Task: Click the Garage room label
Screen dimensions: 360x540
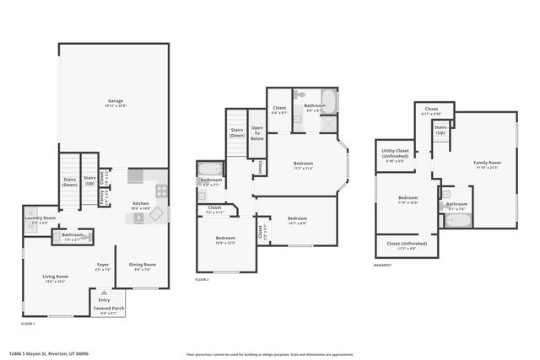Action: [115, 102]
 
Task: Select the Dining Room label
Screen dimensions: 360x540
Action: [141, 266]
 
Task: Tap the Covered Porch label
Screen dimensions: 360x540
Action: [110, 309]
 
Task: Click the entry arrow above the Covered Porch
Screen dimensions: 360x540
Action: [105, 292]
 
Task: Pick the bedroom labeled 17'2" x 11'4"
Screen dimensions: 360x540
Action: [303, 165]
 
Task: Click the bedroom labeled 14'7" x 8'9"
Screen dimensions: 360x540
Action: [296, 220]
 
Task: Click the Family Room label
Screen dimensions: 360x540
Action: [486, 164]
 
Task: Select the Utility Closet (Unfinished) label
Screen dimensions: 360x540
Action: [395, 154]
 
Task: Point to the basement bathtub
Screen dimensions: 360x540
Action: [457, 222]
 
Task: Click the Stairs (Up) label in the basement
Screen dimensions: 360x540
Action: [440, 131]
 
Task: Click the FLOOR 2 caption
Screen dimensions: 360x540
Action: [202, 279]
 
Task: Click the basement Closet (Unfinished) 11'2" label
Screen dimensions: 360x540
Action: [407, 245]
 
